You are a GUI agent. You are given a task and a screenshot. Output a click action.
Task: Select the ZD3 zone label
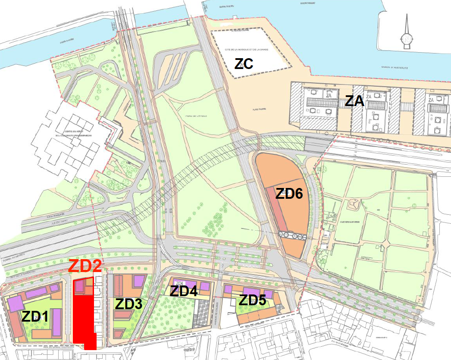click(x=128, y=304)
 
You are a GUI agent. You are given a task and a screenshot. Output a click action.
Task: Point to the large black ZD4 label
click(x=184, y=291)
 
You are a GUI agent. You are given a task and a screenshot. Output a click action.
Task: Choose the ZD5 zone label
click(x=253, y=300)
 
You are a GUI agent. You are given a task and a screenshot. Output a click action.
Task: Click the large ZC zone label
click(x=244, y=64)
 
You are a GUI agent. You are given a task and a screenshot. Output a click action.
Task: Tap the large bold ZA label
click(x=355, y=102)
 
